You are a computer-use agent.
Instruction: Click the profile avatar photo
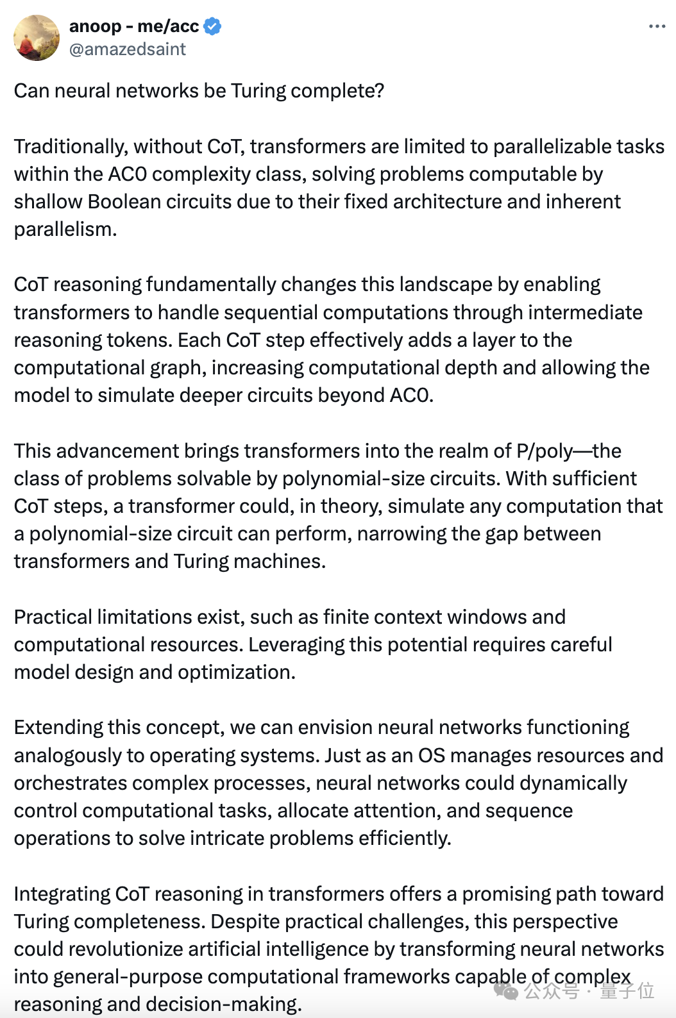37,38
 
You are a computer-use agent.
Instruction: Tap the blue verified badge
212,26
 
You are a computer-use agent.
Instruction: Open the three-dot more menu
657,26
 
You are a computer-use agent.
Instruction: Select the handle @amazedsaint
127,49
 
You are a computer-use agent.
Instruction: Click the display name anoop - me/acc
133,26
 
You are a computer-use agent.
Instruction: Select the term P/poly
544,451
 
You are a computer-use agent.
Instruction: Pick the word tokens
144,340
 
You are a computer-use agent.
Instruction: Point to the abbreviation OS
431,756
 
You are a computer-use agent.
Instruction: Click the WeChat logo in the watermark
506,992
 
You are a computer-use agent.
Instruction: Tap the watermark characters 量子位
627,991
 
